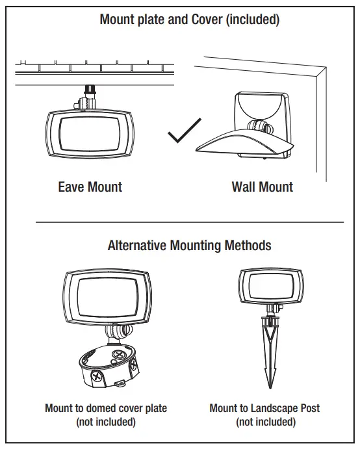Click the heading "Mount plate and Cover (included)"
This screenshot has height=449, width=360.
pyautogui.click(x=189, y=19)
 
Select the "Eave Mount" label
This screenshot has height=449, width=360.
pyautogui.click(x=90, y=187)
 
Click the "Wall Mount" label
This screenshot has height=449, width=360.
pyautogui.click(x=262, y=187)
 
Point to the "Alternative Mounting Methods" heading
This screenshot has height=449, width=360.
pyautogui.click(x=189, y=246)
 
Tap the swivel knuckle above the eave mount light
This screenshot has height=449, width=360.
pyautogui.click(x=87, y=100)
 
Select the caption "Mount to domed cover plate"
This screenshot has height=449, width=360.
pyautogui.click(x=106, y=408)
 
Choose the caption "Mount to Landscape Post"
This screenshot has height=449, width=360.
pyautogui.click(x=264, y=408)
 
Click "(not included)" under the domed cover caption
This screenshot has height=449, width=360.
pyautogui.click(x=106, y=422)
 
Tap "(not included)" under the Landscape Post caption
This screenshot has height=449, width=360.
pyautogui.click(x=264, y=422)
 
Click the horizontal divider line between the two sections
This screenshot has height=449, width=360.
pyautogui.click(x=189, y=222)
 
